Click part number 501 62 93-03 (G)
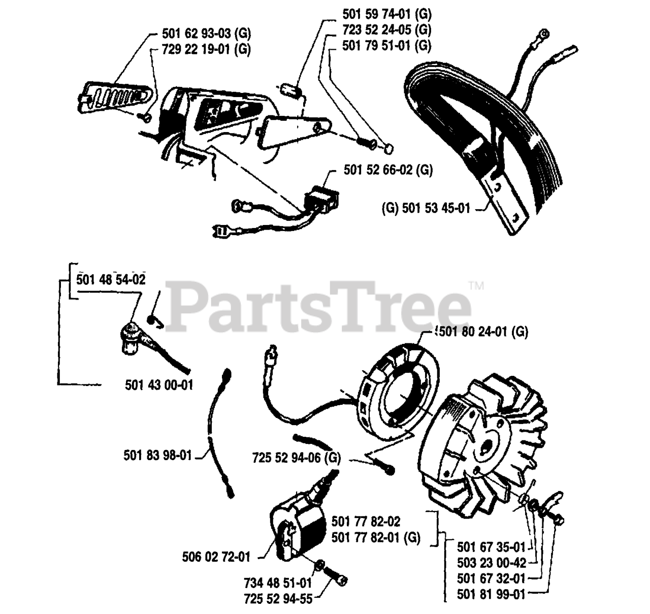pyautogui.click(x=206, y=35)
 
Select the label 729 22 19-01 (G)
pyautogui.click(x=206, y=50)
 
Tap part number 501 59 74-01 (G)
pyautogui.click(x=387, y=15)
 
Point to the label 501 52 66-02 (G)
pyautogui.click(x=388, y=170)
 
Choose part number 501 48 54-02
pyautogui.click(x=111, y=279)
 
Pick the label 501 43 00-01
pyautogui.click(x=159, y=385)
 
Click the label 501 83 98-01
pyautogui.click(x=158, y=455)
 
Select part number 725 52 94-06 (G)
pyautogui.click(x=297, y=458)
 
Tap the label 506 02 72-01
pyautogui.click(x=216, y=557)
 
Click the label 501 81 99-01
pyautogui.click(x=491, y=594)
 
